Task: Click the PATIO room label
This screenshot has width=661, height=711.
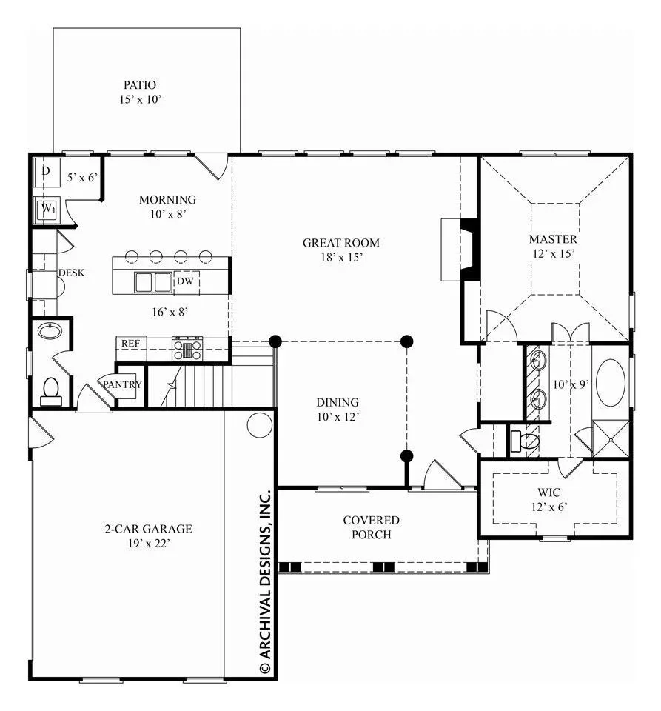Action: [140, 84]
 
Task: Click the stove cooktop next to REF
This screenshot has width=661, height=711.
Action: [187, 349]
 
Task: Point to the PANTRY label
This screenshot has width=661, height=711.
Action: [122, 384]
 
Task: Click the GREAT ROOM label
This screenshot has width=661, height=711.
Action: [341, 243]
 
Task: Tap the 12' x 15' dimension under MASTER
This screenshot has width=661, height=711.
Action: [553, 253]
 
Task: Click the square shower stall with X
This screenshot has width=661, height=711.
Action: [611, 439]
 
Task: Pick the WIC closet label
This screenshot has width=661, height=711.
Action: [549, 492]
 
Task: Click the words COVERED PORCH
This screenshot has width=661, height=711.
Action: [371, 527]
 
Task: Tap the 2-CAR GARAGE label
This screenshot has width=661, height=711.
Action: [149, 529]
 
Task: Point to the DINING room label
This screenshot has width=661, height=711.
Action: [338, 403]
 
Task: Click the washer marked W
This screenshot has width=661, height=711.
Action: [47, 209]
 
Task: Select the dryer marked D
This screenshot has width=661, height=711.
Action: [47, 173]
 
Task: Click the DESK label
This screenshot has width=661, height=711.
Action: [71, 273]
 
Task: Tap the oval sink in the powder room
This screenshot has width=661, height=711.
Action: [50, 330]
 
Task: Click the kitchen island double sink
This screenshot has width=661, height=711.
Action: [153, 282]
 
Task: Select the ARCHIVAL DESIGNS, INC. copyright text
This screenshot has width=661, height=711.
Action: [265, 582]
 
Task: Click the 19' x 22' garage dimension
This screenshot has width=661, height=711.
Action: [149, 543]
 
